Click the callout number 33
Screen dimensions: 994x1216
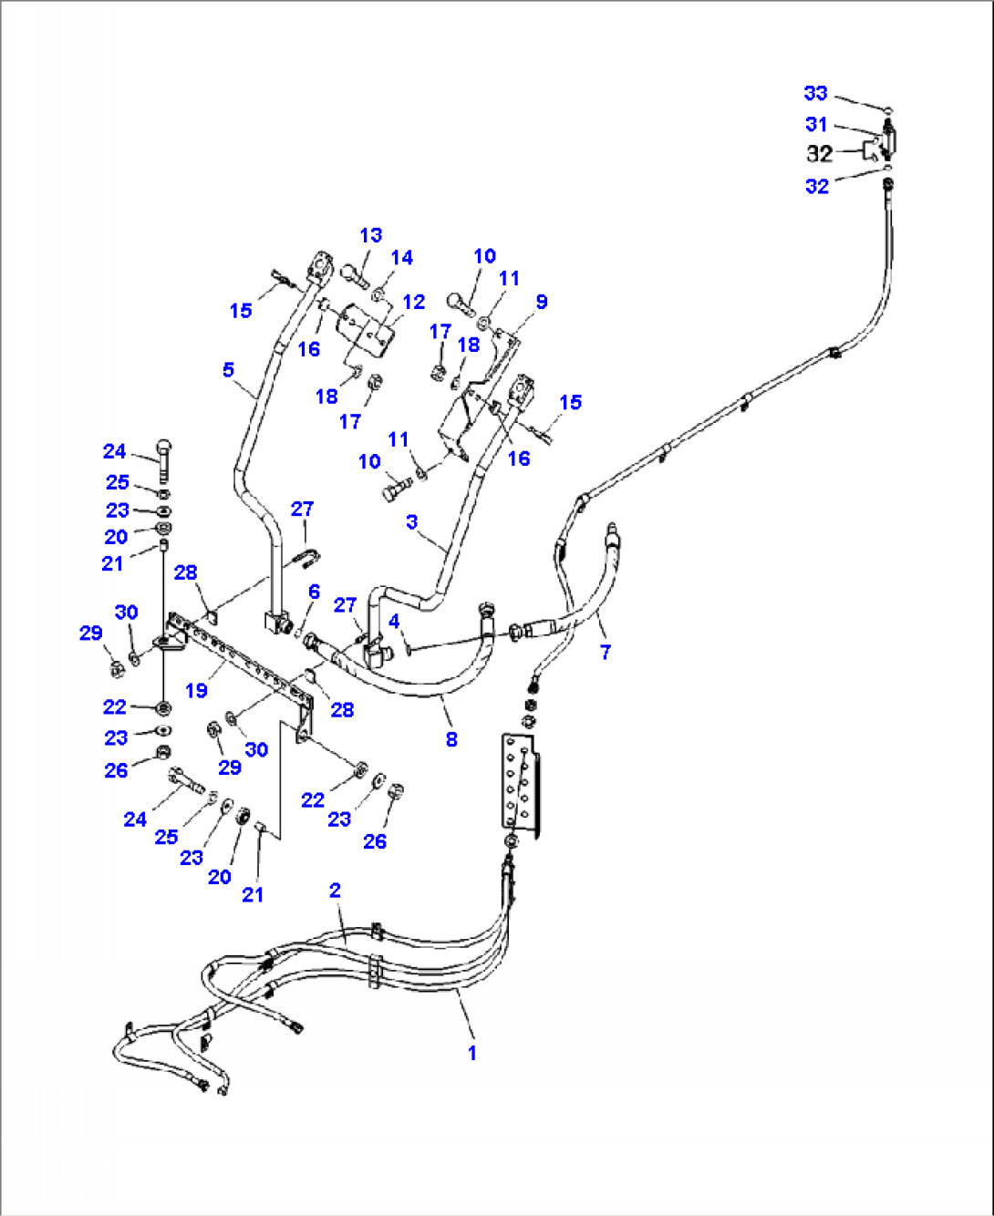(815, 93)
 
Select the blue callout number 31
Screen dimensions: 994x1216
(816, 125)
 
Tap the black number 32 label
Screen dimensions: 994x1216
(819, 154)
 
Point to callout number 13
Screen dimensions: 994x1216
(371, 235)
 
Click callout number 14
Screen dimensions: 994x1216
(402, 258)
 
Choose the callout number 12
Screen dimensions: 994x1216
(414, 302)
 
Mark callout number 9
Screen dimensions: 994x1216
(541, 302)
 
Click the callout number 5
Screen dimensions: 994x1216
(229, 369)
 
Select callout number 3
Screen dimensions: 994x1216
(411, 522)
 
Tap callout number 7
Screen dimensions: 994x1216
(606, 652)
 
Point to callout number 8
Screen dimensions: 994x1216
(451, 739)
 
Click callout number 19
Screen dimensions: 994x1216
(197, 690)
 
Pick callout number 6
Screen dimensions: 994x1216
(314, 592)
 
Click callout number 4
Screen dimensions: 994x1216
(394, 622)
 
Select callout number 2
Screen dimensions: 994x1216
(335, 891)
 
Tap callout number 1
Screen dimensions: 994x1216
(471, 1054)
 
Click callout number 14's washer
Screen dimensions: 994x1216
(377, 295)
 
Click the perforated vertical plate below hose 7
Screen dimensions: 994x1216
(522, 787)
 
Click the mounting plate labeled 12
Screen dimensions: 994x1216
(365, 335)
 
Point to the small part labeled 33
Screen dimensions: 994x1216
(889, 110)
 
